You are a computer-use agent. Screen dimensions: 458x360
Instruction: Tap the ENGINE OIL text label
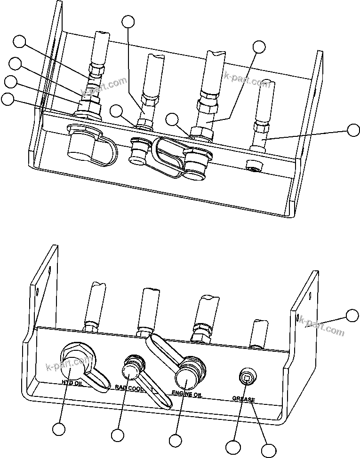pos(186,394)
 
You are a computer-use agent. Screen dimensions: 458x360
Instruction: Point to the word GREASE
pos(243,400)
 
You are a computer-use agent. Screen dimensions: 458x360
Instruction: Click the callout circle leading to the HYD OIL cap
pos(59,429)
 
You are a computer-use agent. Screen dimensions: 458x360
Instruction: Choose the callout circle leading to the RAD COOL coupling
pos(117,435)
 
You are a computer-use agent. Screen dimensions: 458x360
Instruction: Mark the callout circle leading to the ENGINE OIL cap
pos(176,441)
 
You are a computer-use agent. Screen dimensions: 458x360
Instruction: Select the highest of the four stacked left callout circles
pos(19,41)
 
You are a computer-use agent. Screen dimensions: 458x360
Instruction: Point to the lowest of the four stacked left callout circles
pos(8,99)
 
